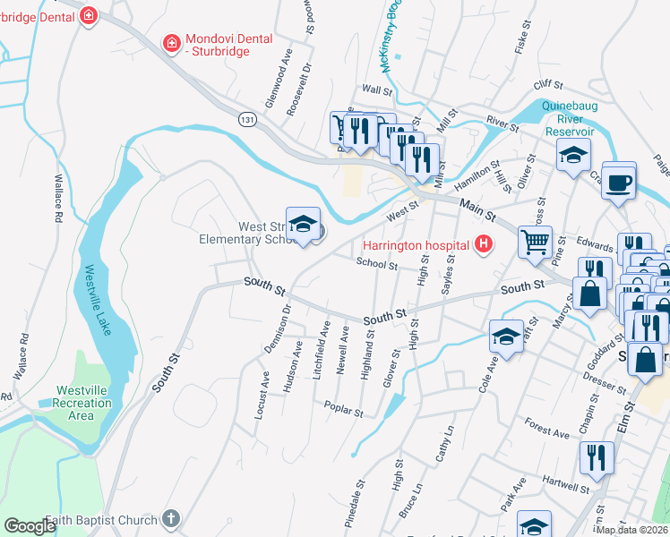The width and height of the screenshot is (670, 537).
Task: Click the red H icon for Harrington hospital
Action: [x=485, y=244]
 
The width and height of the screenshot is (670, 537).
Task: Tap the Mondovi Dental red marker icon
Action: [x=170, y=42]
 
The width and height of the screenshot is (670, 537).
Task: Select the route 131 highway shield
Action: [x=248, y=118]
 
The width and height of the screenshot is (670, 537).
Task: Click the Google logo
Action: [x=30, y=526]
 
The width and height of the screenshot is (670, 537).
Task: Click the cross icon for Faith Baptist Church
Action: [x=171, y=518]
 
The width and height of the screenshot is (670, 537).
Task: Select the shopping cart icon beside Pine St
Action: [x=535, y=240]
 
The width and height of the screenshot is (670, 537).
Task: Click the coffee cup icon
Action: [x=620, y=183]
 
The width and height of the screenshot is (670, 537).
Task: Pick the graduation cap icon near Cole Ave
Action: [x=505, y=338]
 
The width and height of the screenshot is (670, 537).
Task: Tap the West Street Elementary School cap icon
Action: [x=303, y=224]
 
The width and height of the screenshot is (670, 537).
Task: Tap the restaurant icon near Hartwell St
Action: [x=594, y=458]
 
